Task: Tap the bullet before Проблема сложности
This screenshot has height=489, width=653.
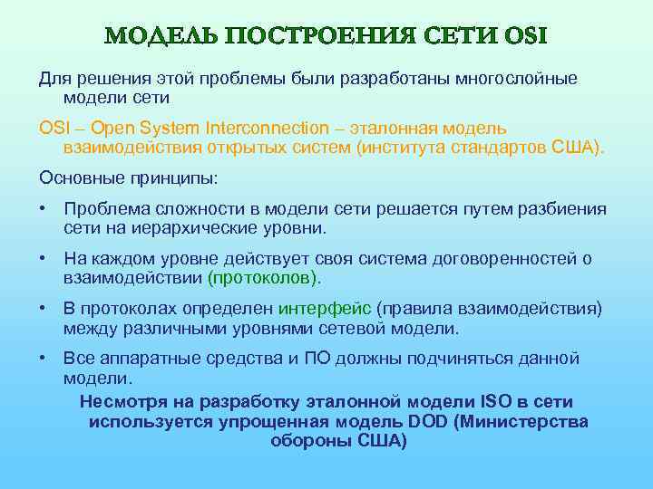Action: pyautogui.click(x=43, y=209)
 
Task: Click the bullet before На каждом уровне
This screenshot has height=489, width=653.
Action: pyautogui.click(x=43, y=259)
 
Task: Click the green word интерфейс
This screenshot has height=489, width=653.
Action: pyautogui.click(x=326, y=309)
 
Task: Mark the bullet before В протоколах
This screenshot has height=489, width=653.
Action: pyautogui.click(x=43, y=309)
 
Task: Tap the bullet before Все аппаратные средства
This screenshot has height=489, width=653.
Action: pyautogui.click(x=43, y=359)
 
